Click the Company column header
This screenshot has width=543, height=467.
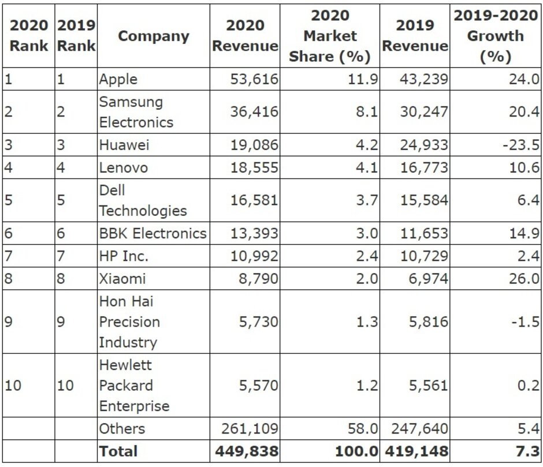[153, 36]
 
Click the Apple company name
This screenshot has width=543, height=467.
[118, 79]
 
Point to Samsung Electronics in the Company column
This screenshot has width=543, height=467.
[136, 112]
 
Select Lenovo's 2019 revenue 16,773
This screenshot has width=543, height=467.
[424, 167]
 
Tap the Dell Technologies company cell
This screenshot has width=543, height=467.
[143, 200]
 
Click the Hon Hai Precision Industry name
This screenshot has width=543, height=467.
[129, 322]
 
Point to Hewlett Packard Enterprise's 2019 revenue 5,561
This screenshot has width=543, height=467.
[428, 385]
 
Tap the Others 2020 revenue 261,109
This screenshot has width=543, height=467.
[250, 428]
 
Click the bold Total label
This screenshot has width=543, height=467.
[118, 451]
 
